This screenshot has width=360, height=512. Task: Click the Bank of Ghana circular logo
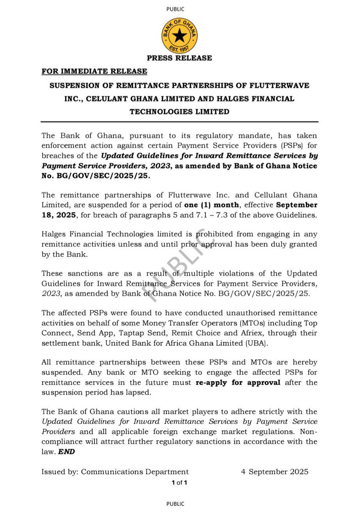pos(179,36)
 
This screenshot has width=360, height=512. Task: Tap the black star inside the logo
pos(179,36)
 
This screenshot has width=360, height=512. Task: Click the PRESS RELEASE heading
pos(179,58)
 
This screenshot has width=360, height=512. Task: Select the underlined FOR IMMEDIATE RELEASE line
pos(94,71)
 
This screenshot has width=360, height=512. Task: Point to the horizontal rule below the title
pos(179,122)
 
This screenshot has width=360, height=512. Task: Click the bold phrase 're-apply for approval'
pos(238,382)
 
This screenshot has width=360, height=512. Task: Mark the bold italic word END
pos(66,452)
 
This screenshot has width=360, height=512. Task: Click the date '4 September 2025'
pos(275,471)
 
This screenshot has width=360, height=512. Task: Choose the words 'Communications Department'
pos(135,471)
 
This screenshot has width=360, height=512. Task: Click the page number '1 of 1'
pos(179,483)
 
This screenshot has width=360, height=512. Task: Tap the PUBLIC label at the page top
pos(175,9)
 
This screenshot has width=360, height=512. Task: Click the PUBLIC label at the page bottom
pos(175,504)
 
